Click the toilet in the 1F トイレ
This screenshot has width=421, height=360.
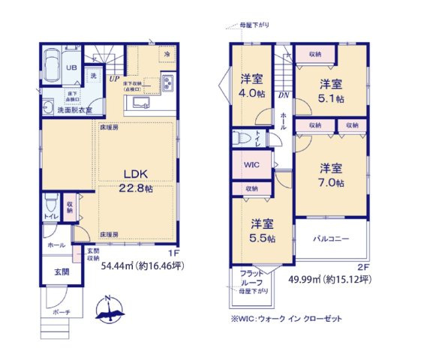(51, 204)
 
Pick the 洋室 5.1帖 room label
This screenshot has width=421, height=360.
(330, 91)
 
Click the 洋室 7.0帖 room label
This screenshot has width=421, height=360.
(330, 175)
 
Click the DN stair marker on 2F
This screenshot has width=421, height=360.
(281, 94)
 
